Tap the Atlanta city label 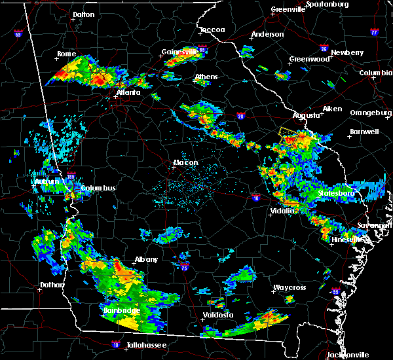coord(128,92)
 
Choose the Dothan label coord(52,285)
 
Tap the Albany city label coord(147,259)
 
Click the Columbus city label coord(98,189)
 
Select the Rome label coord(67,54)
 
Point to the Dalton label coord(83,14)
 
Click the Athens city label coord(206,77)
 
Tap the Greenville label coord(288,10)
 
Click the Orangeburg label coord(369,113)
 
